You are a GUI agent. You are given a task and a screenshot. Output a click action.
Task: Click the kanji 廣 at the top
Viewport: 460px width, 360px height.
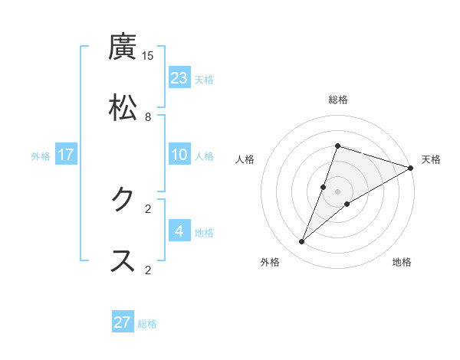point(123,47)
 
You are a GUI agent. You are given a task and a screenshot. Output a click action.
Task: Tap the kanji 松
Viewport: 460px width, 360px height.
point(123,108)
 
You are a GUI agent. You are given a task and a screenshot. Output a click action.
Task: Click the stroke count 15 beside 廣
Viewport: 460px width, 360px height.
point(148,56)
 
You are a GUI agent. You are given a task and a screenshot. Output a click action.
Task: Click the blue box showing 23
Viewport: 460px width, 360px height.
point(179,78)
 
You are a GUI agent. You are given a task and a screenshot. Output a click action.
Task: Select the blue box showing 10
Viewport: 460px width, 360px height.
point(179,155)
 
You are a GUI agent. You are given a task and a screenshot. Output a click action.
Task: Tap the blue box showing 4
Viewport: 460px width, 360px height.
point(179,231)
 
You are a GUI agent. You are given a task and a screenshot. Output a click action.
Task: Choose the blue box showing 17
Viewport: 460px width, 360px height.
point(66,155)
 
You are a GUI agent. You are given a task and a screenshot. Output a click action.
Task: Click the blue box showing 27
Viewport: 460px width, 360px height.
point(123,322)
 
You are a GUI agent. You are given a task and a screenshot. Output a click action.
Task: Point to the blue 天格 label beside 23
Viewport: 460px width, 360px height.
point(204,80)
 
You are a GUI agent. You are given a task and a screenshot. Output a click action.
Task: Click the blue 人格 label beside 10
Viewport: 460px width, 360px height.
point(204,156)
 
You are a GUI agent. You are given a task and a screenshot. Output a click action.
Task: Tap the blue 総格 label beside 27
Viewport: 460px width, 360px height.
point(147,324)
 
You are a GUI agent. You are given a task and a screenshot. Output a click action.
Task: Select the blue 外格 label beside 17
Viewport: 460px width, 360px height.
point(41,156)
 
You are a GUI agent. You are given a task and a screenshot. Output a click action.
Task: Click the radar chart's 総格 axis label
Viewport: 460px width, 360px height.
point(338,100)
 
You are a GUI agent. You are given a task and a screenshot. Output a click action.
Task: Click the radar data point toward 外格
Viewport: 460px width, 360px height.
point(302,242)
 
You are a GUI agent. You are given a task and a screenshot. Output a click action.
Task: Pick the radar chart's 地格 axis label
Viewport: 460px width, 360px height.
point(402,262)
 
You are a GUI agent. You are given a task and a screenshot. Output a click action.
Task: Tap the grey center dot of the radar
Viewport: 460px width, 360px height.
point(338,191)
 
